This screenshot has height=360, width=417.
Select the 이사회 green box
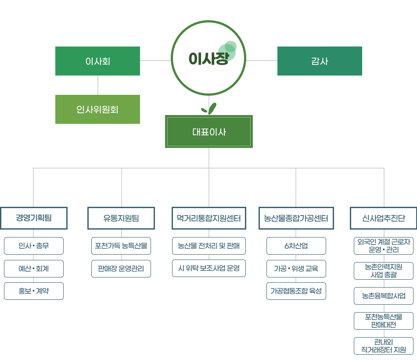point(97,61)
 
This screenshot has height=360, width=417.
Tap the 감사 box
point(320,61)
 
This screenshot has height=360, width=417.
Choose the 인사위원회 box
point(97,109)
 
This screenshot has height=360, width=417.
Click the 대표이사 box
point(209,131)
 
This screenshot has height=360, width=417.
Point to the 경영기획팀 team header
point(34,218)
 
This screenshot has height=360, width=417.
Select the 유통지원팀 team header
point(121,218)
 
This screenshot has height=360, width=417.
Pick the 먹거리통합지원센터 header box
point(208,218)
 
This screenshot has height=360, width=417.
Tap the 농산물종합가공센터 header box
point(296,218)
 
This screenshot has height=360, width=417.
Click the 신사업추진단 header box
point(384,218)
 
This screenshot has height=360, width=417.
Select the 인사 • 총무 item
point(34,246)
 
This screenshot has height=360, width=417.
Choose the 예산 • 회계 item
point(34,269)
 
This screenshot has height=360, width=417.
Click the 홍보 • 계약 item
point(34,291)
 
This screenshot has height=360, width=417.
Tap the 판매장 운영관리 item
point(121,269)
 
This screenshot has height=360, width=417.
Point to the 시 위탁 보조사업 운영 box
point(208,269)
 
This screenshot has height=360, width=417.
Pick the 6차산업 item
point(296,246)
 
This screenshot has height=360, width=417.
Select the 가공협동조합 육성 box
point(296,291)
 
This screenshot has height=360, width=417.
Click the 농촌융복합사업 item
point(384,296)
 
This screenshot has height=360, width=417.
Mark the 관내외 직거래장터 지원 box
point(384,346)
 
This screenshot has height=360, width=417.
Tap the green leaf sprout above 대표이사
point(208,108)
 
